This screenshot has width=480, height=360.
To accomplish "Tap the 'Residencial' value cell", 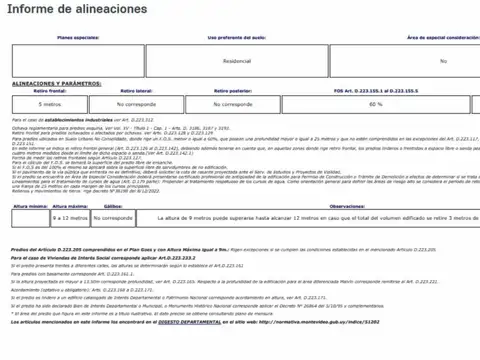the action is coord(236,61).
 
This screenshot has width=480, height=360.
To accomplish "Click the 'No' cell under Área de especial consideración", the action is coord(443,61).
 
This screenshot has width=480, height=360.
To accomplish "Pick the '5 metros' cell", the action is coord(49,103).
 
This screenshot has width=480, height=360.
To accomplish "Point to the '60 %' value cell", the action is coord(375,103).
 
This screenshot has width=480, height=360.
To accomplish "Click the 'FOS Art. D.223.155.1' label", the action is coord(375,91).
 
